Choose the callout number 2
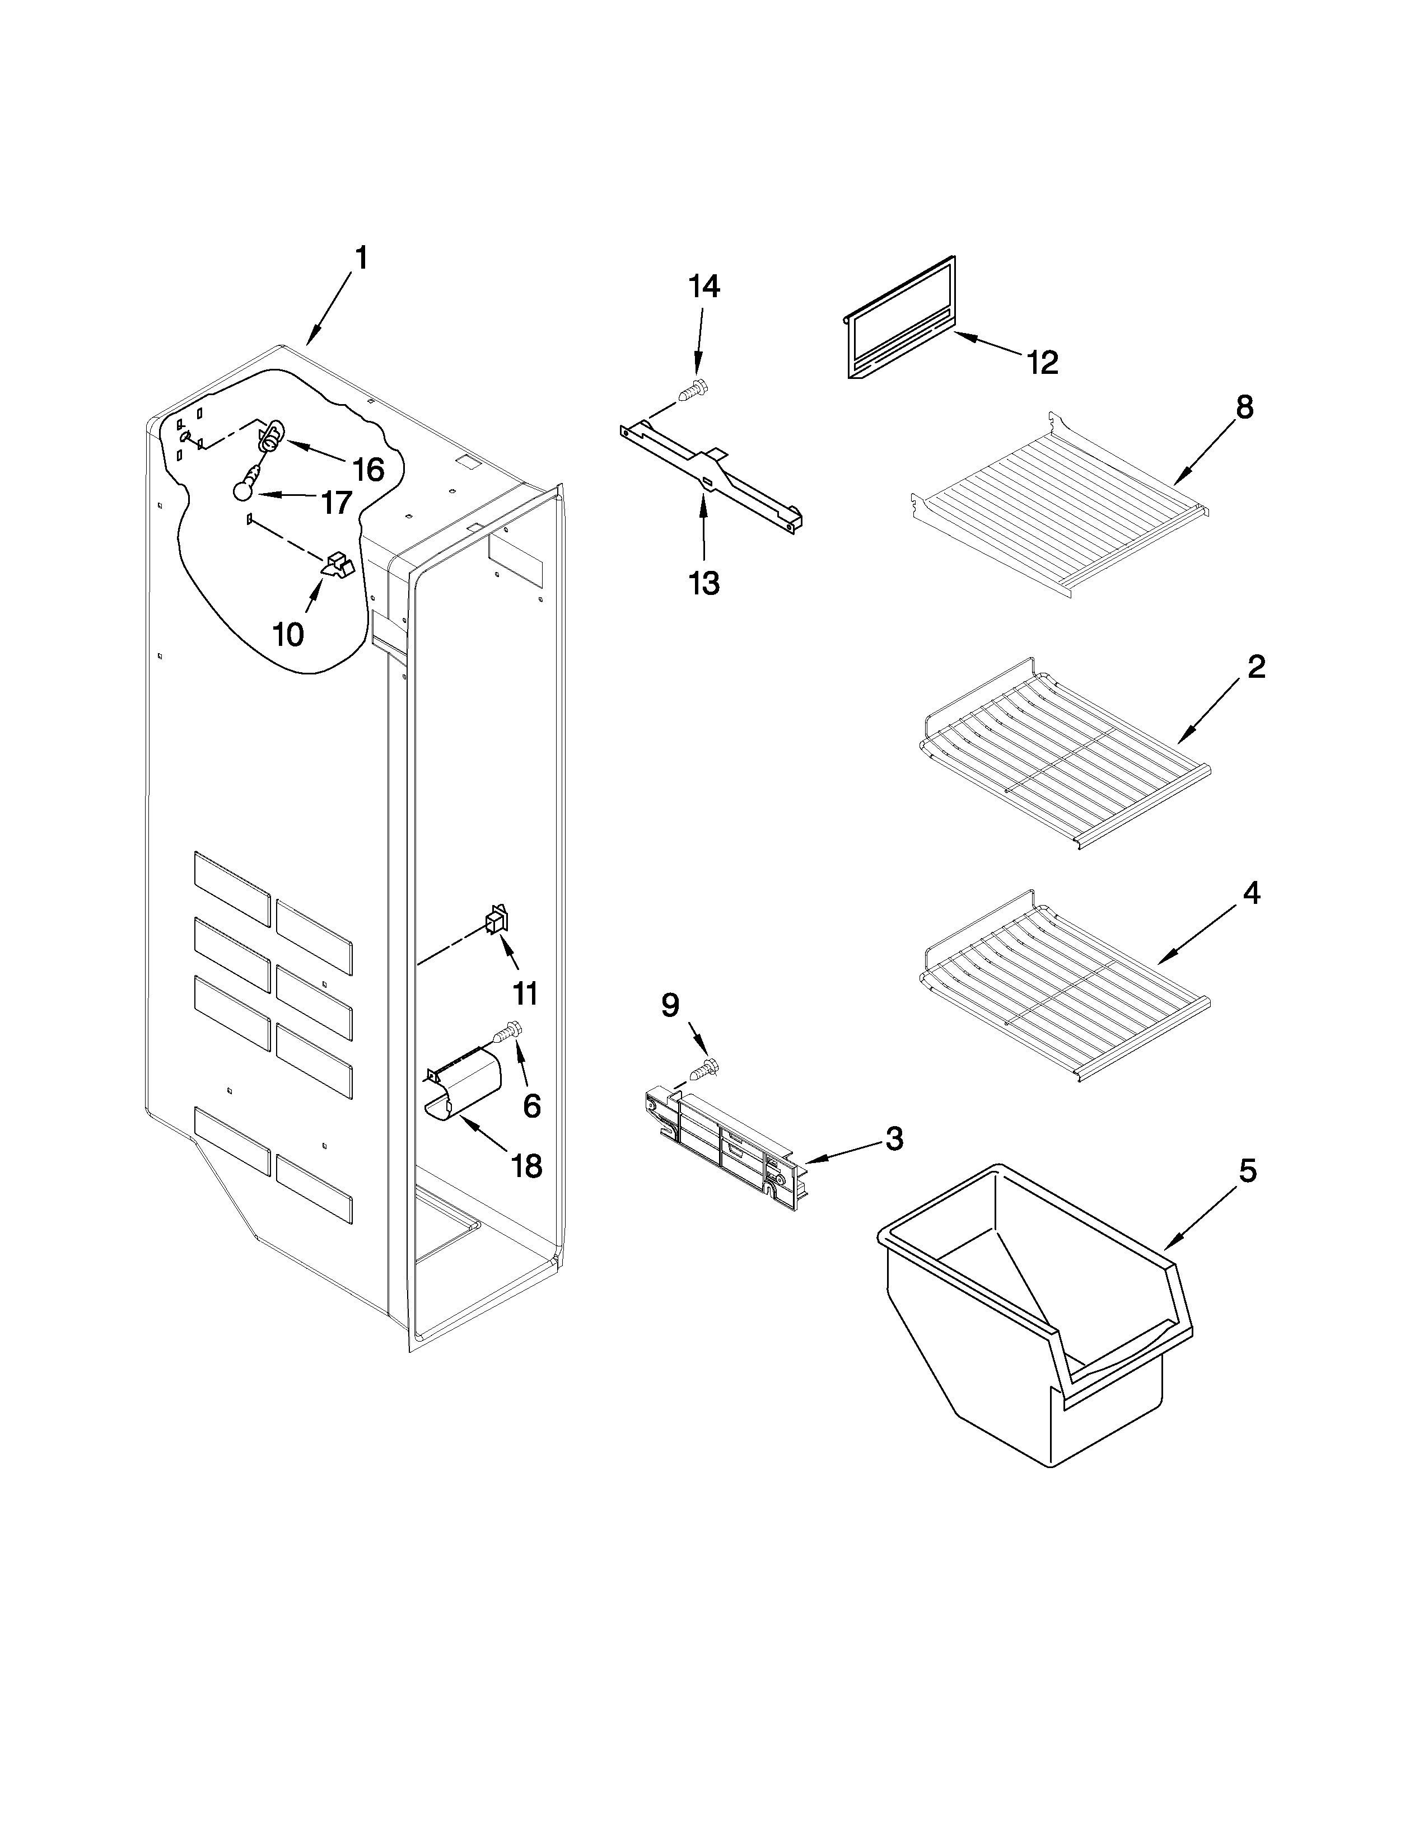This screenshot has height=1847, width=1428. coord(1256,667)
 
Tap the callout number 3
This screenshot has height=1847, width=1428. coord(894,1138)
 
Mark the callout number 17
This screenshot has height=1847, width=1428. coord(337,503)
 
